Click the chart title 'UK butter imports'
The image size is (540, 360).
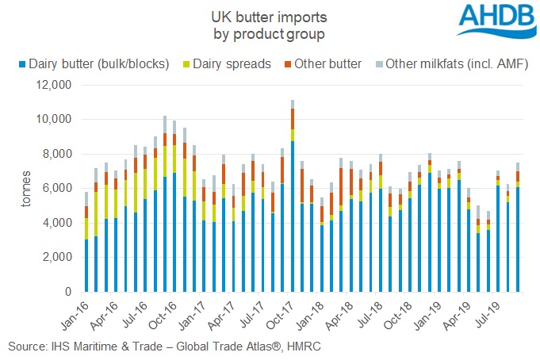coord(270,15)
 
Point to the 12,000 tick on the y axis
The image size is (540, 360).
coord(54,85)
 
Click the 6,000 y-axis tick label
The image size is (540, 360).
coord(57,189)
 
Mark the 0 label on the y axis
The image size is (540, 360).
coord(70,293)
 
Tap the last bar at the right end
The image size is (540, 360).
coord(517,230)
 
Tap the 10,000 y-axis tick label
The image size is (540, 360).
coord(54,120)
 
